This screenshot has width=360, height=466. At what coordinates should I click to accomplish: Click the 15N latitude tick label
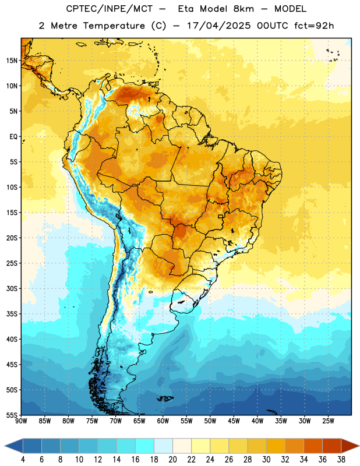[12, 61]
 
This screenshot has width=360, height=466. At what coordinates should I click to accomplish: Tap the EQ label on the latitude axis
[13, 137]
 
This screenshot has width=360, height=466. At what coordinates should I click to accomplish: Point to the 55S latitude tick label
[12, 415]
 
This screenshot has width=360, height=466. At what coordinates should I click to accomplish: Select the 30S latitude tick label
[12, 288]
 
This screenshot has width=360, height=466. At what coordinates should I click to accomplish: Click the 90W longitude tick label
[21, 421]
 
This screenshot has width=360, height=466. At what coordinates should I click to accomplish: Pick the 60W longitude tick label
[163, 421]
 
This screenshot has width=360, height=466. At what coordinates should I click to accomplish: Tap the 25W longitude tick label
[328, 421]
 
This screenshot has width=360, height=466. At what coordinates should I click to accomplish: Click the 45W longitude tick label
[234, 421]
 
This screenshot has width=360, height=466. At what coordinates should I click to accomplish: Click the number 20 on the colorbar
[172, 460]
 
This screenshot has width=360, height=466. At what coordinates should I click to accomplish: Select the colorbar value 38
[341, 460]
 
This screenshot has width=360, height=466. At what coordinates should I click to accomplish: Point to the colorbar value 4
[23, 460]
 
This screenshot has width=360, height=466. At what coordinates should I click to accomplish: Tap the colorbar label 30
[266, 460]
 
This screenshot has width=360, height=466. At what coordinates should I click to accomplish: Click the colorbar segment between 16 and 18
[144, 446]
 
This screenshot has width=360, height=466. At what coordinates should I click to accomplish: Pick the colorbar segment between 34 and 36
[313, 446]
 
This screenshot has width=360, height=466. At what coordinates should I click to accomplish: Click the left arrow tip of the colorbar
[5, 446]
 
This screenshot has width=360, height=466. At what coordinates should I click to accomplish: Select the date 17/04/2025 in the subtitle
[218, 26]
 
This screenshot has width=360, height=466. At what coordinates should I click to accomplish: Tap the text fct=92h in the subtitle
[314, 26]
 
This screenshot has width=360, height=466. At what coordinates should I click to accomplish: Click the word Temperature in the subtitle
[114, 26]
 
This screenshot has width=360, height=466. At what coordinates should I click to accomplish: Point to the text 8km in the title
[243, 9]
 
